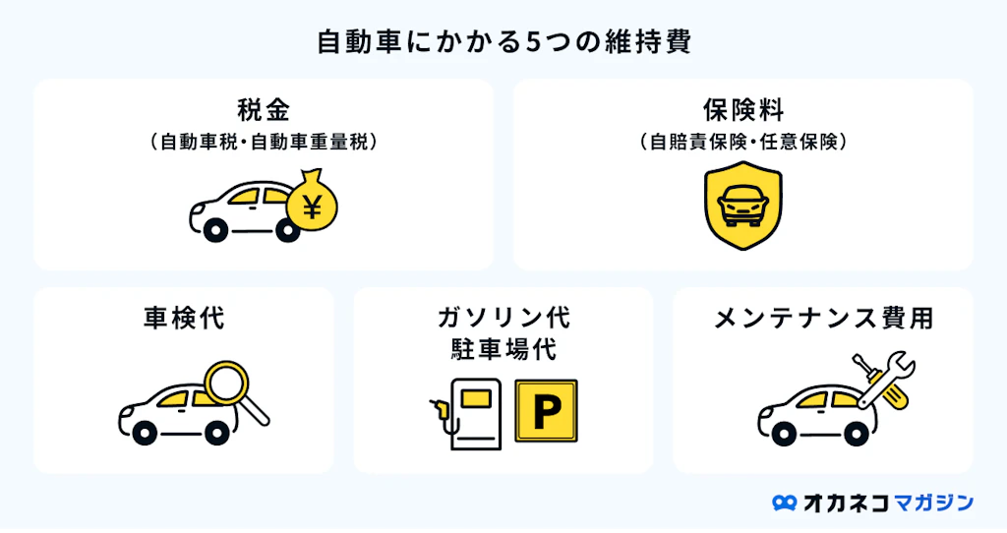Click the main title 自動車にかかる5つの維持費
503,42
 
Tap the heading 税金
264,108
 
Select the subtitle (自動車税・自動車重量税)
264,142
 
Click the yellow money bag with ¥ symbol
312,203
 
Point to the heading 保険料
743,108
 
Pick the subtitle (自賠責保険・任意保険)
743,142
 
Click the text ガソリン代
503,319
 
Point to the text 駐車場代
503,350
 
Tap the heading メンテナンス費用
823,319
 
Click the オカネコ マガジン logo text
888,503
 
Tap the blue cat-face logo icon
784,503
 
